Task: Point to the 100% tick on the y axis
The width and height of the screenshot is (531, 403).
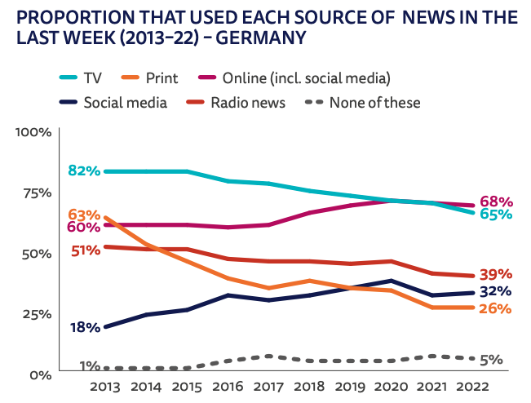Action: click(34, 132)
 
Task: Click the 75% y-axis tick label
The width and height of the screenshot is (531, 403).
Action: click(38, 193)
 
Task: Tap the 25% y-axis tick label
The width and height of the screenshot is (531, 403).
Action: click(38, 314)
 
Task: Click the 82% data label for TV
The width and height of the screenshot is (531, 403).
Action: click(84, 170)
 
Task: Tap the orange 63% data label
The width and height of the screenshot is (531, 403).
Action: click(84, 215)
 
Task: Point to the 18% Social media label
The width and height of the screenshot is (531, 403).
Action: click(84, 327)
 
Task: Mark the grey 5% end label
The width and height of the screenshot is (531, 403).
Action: click(492, 360)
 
